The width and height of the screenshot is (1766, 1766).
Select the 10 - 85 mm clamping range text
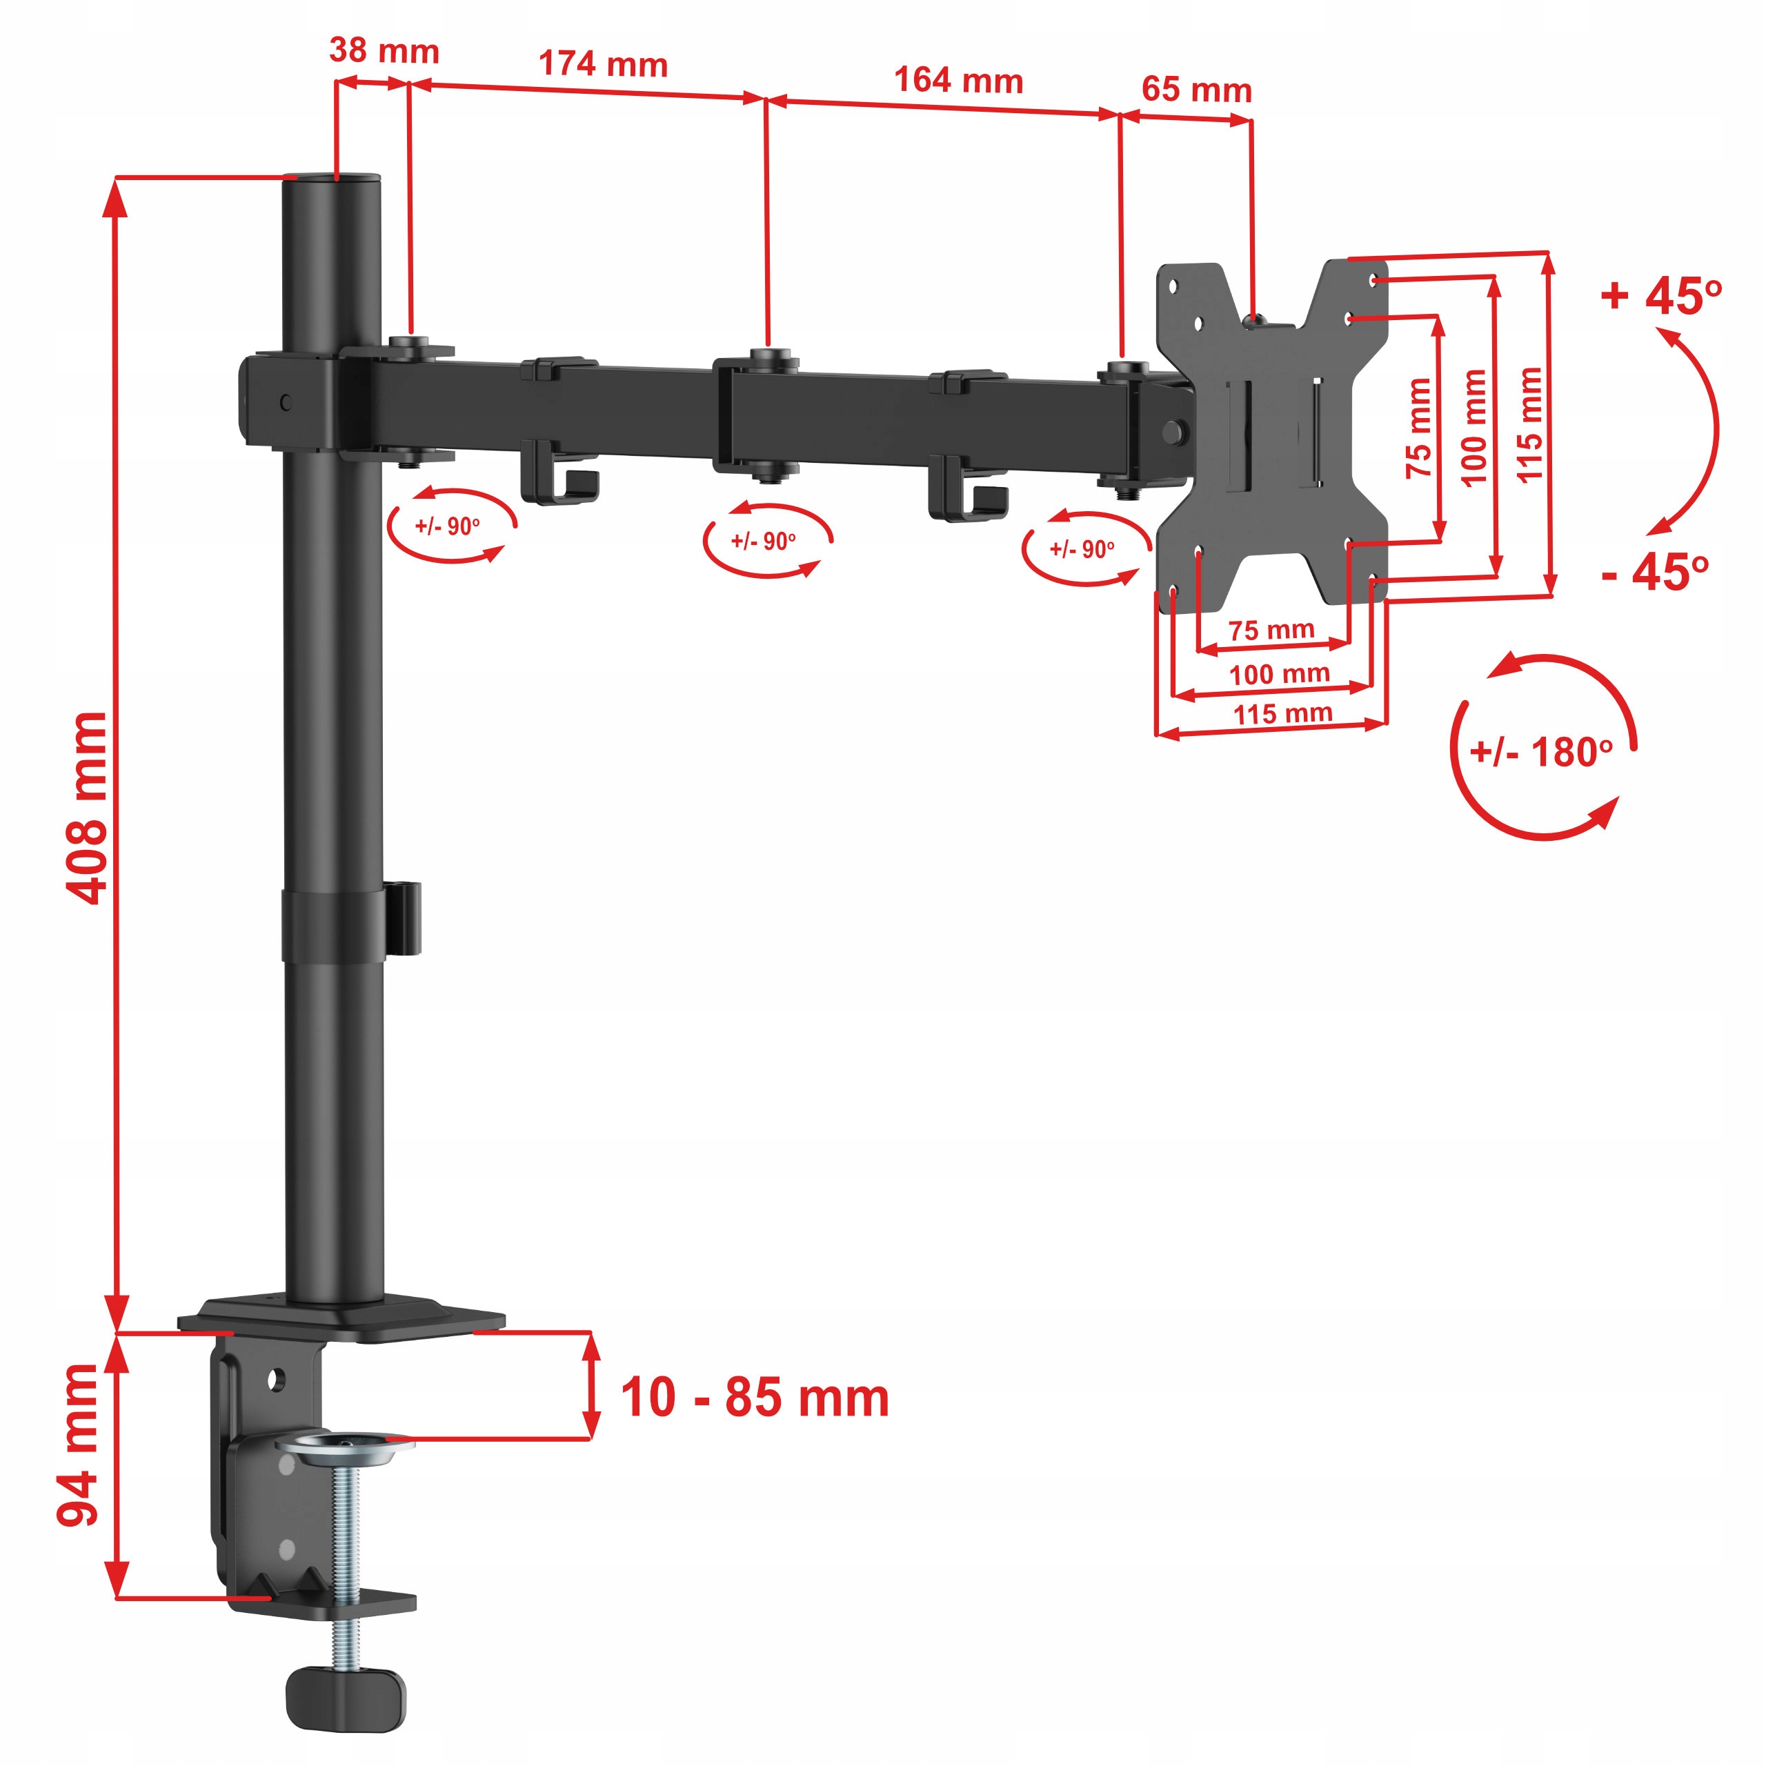point(755,1398)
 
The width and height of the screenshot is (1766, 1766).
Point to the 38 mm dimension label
point(384,50)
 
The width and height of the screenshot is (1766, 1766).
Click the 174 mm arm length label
point(604,64)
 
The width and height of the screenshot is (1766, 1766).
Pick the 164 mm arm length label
point(958,81)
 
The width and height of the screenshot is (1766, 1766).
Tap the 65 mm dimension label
point(1196,90)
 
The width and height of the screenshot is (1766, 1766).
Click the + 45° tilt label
point(1662,295)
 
